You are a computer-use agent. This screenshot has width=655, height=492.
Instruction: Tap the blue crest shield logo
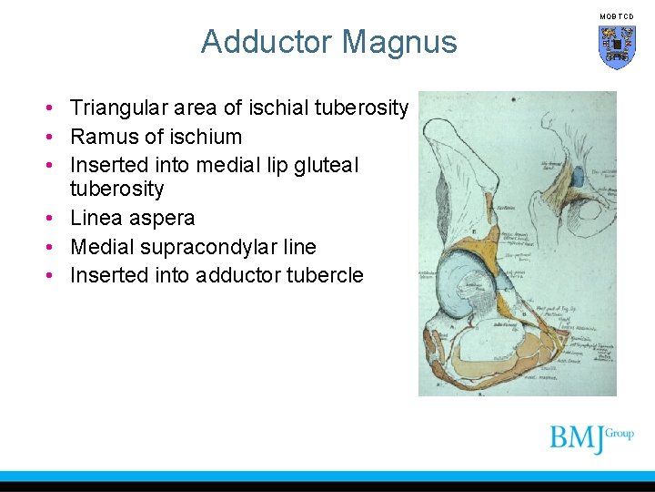[617, 46]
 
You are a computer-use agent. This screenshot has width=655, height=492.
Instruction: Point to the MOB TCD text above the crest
[617, 16]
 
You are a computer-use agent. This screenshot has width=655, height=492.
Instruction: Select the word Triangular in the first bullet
[115, 108]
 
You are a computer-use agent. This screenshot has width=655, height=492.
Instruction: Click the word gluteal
[323, 165]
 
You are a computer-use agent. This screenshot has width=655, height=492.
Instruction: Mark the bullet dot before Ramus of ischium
[55, 138]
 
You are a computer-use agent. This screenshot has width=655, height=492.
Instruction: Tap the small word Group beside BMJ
[622, 433]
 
